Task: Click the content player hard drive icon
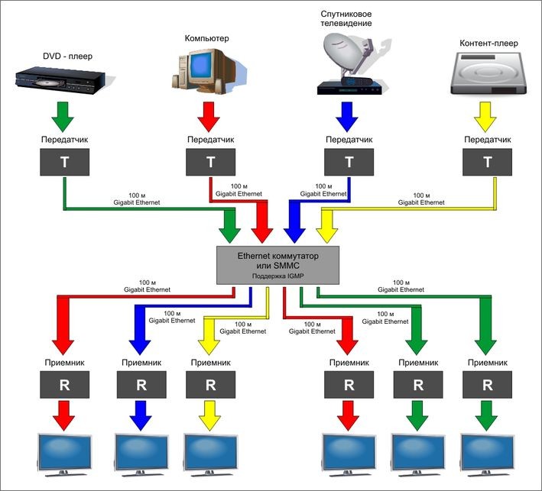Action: (x=488, y=76)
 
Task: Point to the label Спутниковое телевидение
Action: (x=346, y=18)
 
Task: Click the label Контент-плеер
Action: (x=487, y=44)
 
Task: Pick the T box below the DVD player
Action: (x=66, y=161)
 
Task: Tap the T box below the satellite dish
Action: (x=349, y=161)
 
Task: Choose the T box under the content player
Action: (x=488, y=161)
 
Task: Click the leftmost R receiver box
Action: (x=65, y=384)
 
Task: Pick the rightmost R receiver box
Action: (x=487, y=384)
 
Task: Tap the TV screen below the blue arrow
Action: (x=141, y=452)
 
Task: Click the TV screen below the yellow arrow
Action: (x=211, y=452)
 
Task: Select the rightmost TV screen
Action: (x=487, y=452)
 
